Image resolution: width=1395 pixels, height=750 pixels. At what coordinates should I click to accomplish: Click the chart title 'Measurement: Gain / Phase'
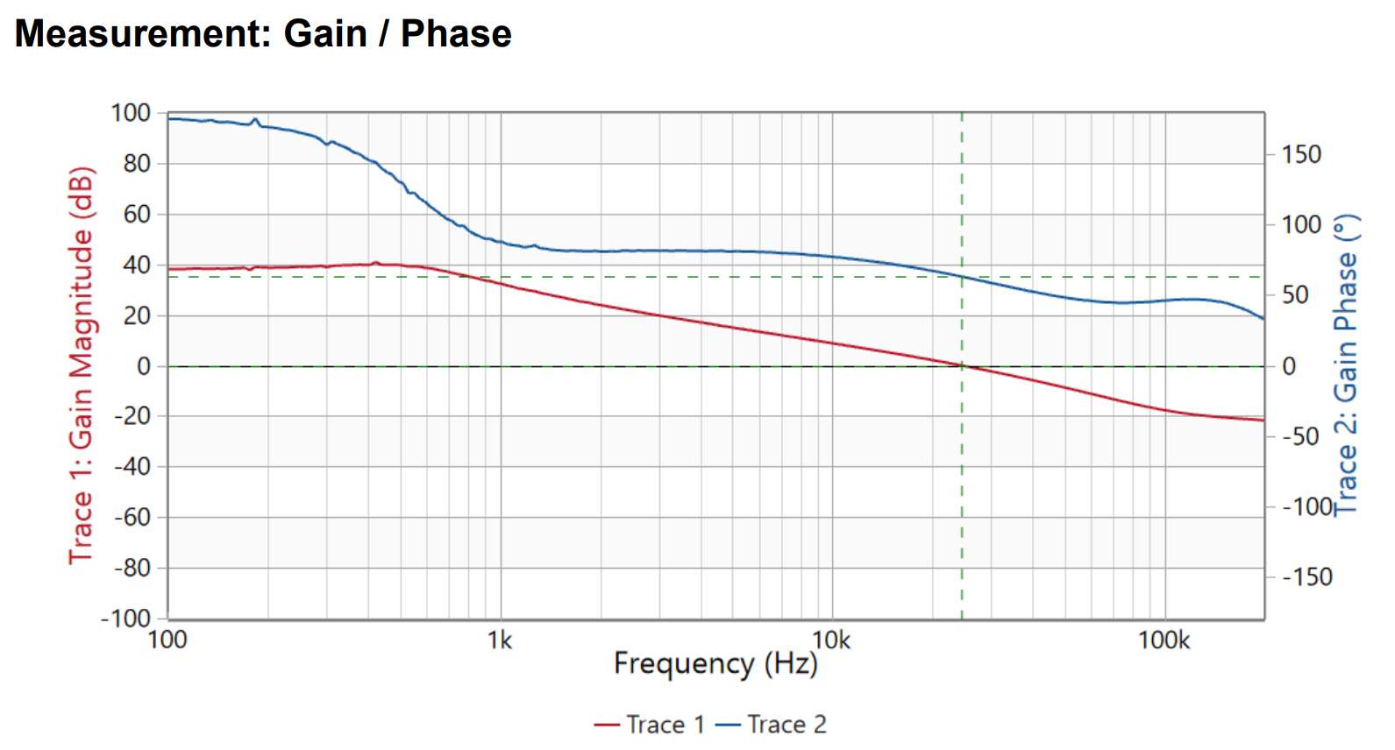pos(263,34)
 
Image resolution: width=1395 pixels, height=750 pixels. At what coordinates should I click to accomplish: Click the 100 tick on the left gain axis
pos(131,113)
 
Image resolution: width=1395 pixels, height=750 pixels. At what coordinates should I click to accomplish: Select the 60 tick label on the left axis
pos(136,214)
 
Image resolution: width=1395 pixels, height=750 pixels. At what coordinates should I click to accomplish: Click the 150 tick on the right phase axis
pos(1301,155)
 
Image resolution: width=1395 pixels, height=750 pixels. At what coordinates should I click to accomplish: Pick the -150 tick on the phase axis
pos(1306,577)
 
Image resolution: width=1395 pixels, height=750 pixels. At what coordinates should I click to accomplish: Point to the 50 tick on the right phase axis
pos(1296,295)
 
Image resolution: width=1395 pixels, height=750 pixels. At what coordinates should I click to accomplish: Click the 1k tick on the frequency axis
pos(500,640)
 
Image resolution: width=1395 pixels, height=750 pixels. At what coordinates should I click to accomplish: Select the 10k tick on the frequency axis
pos(831,640)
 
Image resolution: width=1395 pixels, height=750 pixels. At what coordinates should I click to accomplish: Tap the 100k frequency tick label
pos(1164,640)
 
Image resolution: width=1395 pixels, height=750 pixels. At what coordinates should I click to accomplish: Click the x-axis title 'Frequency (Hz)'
pos(715,664)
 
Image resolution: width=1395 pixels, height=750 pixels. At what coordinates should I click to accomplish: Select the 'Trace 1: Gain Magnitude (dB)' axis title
pos(81,365)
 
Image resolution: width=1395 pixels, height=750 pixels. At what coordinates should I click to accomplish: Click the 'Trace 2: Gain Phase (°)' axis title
pos(1346,365)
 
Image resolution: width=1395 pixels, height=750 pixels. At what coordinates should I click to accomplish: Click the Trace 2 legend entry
pos(772,725)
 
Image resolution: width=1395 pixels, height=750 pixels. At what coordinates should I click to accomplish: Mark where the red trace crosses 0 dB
pos(962,366)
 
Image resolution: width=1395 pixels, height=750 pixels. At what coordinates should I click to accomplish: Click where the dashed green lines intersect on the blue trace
pos(962,277)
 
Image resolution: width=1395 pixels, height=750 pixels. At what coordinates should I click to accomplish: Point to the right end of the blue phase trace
pos(1263,319)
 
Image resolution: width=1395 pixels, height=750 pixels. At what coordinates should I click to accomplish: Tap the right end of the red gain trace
pos(1263,421)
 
